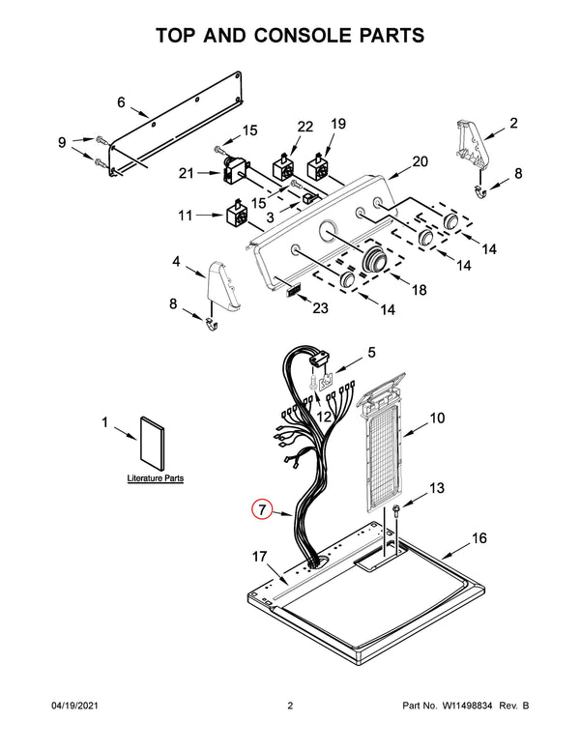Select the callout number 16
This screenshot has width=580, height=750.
[479, 538]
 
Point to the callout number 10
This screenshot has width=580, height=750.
[437, 418]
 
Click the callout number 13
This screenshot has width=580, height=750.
[437, 488]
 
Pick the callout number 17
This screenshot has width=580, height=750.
[260, 557]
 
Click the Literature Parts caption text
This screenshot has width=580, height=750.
[156, 478]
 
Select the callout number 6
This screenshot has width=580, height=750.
[121, 101]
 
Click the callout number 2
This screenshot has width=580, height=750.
[514, 123]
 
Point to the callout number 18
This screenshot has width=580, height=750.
[420, 290]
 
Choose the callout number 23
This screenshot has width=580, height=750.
[320, 308]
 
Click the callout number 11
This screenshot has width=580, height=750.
[186, 216]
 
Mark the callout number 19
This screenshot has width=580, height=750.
[338, 123]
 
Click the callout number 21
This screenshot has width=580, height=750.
[186, 173]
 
